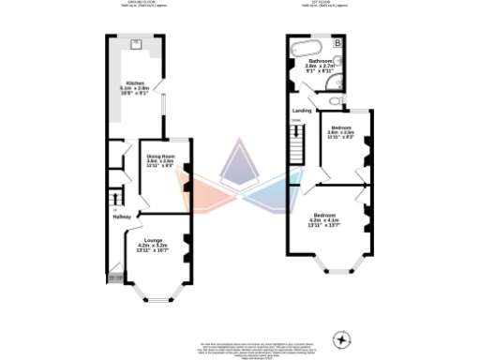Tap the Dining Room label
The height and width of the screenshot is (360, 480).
[x=162, y=156]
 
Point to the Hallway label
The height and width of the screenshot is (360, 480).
[x=121, y=217]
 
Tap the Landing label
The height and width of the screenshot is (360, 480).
[x=302, y=110]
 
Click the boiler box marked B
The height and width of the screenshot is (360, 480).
[x=338, y=43]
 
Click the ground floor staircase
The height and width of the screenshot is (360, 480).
[x=117, y=200]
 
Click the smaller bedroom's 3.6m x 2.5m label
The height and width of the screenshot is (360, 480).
[x=340, y=133]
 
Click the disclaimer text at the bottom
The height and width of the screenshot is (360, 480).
[x=240, y=348]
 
